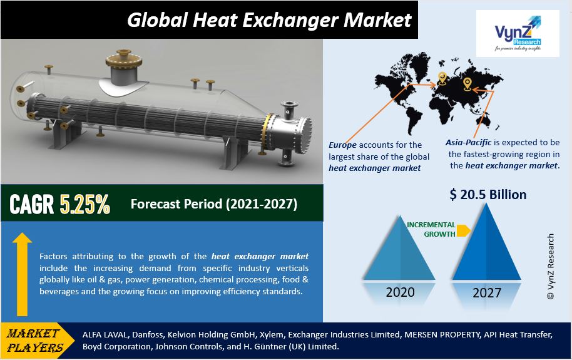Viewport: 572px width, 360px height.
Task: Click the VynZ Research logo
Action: coord(518,33)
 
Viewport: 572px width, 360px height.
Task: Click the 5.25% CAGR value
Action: coord(85,203)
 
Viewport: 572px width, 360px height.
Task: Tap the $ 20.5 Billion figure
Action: coord(488,195)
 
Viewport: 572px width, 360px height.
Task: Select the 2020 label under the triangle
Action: coord(400,292)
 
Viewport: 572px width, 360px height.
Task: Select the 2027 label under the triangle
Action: coord(487,293)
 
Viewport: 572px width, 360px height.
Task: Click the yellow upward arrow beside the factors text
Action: coord(23,274)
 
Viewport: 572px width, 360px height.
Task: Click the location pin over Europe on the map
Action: coord(442,78)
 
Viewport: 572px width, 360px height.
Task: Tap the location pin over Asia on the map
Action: coord(467,84)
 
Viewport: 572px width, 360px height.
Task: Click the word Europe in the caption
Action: coord(342,145)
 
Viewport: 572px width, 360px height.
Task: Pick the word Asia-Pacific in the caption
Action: coord(468,142)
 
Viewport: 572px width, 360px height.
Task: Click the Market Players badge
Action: coord(37,341)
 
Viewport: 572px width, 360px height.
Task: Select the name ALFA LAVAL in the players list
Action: coord(105,334)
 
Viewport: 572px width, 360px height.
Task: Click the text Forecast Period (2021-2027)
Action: coord(214,203)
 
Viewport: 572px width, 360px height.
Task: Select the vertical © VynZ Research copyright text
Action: coord(551,267)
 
